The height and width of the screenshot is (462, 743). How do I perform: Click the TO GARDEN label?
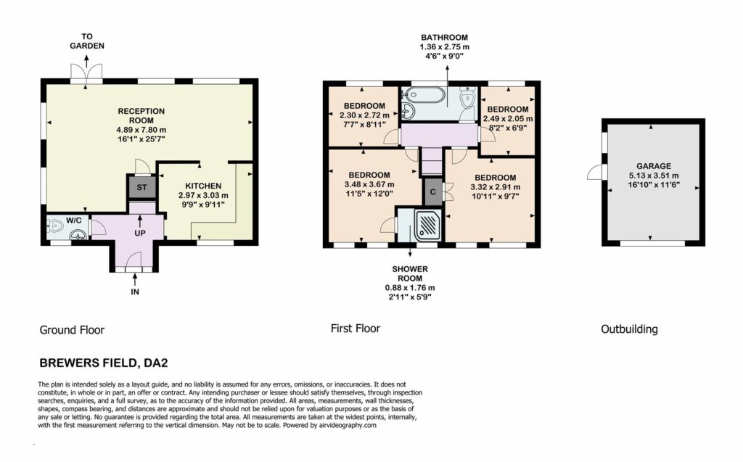pyautogui.click(x=87, y=41)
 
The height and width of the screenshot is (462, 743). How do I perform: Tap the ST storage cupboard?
pyautogui.click(x=141, y=187)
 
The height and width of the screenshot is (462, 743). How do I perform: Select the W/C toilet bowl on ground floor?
pyautogui.click(x=55, y=226)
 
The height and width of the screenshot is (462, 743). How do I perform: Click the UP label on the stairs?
pyautogui.click(x=140, y=233)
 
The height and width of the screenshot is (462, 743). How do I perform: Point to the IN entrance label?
pyautogui.click(x=135, y=292)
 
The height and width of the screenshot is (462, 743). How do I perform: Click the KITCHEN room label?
pyautogui.click(x=203, y=186)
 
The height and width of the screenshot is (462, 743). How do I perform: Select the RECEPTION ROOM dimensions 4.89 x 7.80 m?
pyautogui.click(x=141, y=130)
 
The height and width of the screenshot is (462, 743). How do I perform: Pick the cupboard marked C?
pyautogui.click(x=432, y=192)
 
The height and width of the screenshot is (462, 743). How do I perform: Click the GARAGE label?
pyautogui.click(x=654, y=166)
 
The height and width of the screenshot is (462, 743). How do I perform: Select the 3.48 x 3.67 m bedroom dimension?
pyautogui.click(x=369, y=184)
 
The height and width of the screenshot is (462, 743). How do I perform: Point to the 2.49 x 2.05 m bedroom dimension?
pyautogui.click(x=507, y=118)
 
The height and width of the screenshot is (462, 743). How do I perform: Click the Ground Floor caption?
pyautogui.click(x=72, y=330)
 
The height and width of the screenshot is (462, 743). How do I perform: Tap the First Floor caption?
pyautogui.click(x=356, y=329)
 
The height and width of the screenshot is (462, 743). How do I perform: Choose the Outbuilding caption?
pyautogui.click(x=629, y=329)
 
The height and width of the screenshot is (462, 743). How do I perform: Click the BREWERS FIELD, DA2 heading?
pyautogui.click(x=104, y=363)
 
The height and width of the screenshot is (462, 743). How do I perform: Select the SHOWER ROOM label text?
pyautogui.click(x=410, y=273)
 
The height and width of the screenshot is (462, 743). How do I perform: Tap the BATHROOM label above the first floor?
pyautogui.click(x=445, y=38)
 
